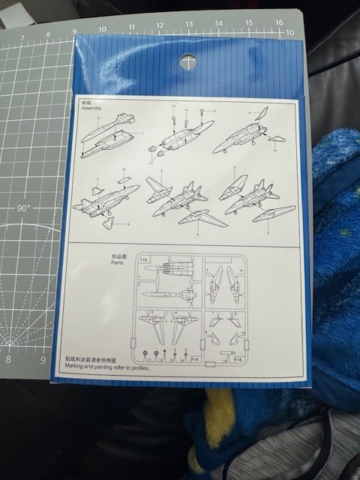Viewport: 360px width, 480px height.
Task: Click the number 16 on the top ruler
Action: [x=278, y=22]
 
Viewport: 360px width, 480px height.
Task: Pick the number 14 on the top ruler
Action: [x=219, y=23]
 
